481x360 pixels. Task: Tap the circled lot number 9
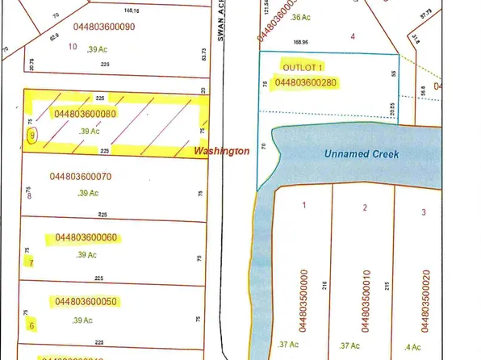point(31,136)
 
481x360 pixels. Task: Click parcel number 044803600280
point(306,82)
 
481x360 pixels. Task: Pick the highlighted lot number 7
point(31,262)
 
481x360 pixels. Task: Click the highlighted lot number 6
point(31,326)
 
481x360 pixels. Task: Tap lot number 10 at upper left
point(73,46)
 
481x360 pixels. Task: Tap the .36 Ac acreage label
point(299,17)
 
